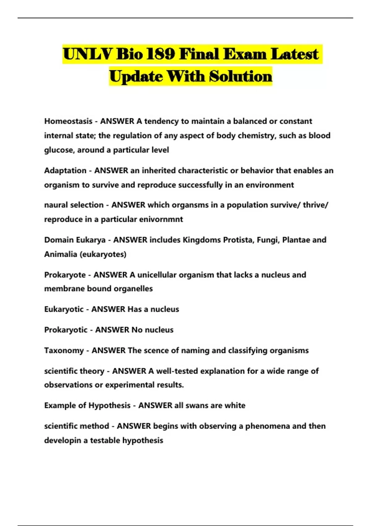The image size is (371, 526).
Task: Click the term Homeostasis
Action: pos(68,121)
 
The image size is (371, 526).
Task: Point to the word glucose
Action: pos(59,150)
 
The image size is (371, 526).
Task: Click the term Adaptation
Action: pos(65,170)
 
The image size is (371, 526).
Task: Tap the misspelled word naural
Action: pos(56,205)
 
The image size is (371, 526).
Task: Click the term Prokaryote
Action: pos(65,275)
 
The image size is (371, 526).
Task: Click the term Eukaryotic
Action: pos(64,309)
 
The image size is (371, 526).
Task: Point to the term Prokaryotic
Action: pos(66,330)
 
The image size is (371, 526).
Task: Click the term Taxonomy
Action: pos(64,351)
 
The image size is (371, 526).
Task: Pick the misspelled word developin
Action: pos(63,441)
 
